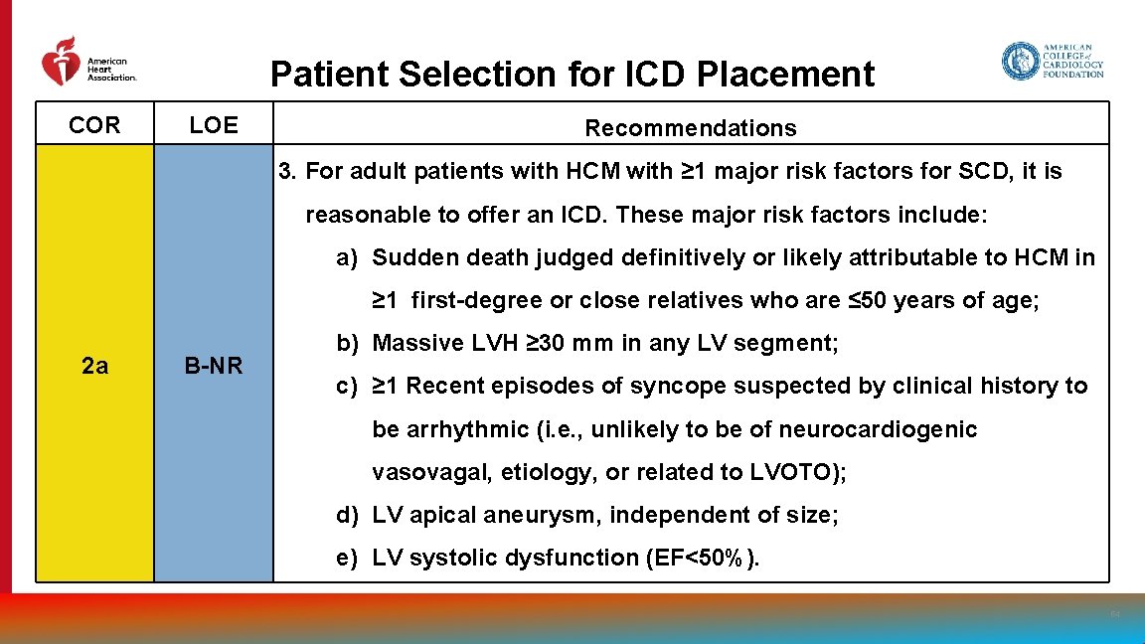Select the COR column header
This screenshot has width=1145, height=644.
point(94,125)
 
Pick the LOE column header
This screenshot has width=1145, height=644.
point(214,125)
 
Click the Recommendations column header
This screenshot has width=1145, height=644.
point(691,128)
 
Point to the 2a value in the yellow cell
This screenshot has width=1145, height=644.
point(94,366)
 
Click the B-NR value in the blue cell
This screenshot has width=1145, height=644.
point(214,366)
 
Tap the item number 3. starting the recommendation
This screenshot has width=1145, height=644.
point(288,172)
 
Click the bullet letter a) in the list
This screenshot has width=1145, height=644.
point(347,258)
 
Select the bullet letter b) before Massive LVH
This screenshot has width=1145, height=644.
point(347,344)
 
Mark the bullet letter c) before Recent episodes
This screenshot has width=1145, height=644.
point(347,386)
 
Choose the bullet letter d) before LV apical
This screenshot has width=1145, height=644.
point(347,515)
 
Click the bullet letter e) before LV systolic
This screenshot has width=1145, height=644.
point(347,558)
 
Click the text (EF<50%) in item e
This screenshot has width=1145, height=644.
point(702,558)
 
